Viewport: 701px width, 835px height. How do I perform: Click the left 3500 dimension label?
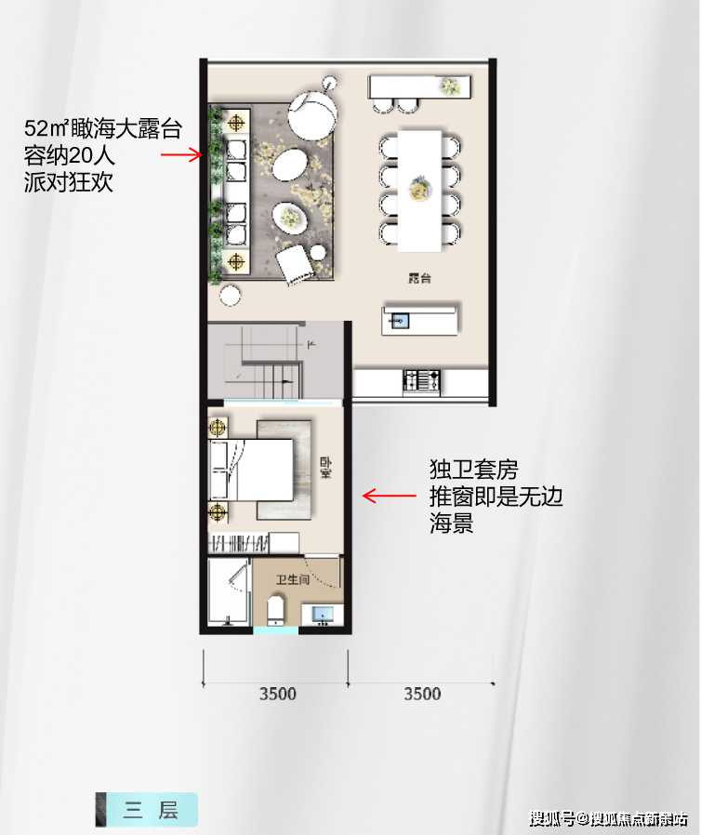click(277, 694)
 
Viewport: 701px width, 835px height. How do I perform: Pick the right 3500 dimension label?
click(422, 694)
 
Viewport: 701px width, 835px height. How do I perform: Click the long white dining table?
click(419, 190)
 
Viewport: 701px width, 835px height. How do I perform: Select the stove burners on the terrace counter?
click(422, 379)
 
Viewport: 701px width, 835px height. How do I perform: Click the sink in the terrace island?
click(400, 321)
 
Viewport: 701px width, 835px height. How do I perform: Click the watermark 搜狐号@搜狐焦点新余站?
click(609, 818)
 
